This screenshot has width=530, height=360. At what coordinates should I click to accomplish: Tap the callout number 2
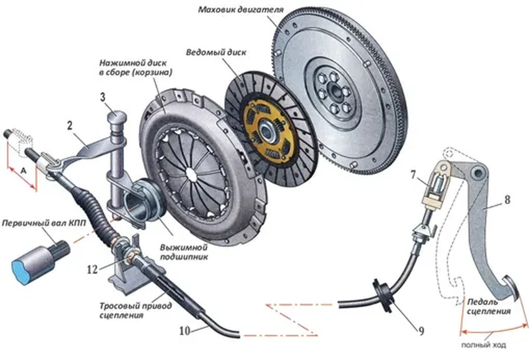tap(71, 125)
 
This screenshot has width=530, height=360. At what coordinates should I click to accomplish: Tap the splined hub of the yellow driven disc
tap(269, 130)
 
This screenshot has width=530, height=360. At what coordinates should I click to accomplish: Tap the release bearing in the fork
tap(143, 199)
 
